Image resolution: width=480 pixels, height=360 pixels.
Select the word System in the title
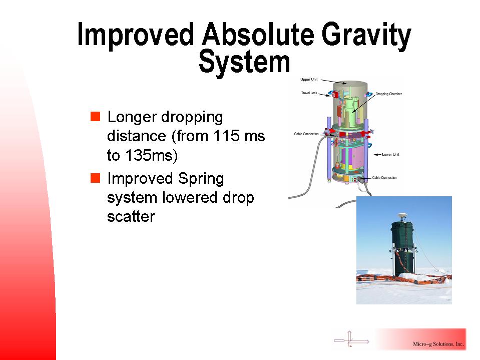[244, 62]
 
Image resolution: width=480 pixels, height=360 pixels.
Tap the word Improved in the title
[135, 36]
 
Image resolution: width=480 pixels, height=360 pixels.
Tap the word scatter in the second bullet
[131, 217]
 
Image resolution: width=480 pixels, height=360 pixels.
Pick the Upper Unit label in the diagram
[309, 80]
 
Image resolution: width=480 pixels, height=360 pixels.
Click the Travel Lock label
[309, 93]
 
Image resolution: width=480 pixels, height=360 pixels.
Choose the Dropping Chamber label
[388, 94]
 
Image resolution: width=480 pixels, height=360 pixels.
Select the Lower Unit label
[390, 154]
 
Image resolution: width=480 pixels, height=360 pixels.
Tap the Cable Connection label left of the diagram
[306, 134]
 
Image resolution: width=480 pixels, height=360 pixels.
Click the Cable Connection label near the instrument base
[384, 178]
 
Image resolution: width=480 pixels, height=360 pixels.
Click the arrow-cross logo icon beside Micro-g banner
[350, 339]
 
